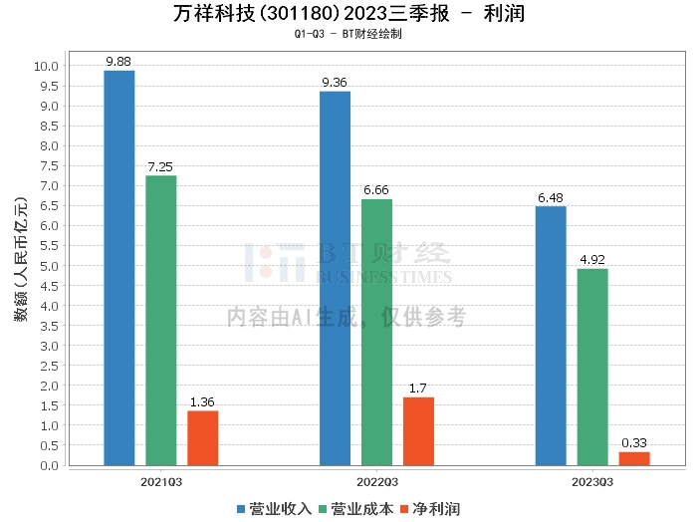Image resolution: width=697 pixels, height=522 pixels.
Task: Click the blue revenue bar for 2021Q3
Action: [x=119, y=268]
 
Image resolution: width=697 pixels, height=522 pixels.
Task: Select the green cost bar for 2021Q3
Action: [x=161, y=320]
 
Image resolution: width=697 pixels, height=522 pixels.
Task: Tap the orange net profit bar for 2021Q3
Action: [x=203, y=437]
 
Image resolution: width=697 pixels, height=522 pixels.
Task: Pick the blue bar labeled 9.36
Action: [x=335, y=278]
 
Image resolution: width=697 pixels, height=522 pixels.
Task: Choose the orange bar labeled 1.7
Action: [x=418, y=430]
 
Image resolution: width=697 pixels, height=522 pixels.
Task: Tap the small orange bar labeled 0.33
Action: [x=634, y=458]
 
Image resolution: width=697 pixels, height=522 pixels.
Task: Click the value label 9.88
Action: [x=119, y=62]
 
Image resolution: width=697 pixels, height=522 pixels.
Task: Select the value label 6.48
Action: [x=551, y=197]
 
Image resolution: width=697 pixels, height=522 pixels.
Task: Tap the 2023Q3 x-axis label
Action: [x=592, y=480]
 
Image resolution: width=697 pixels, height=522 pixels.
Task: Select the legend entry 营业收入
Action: [x=274, y=509]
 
